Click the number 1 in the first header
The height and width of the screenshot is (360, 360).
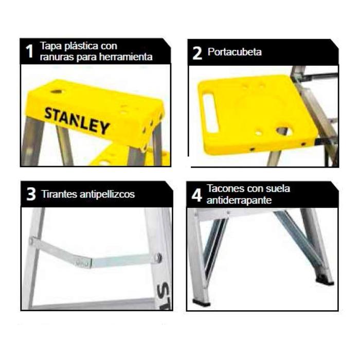point(30,51)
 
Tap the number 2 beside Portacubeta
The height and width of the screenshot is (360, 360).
point(197,53)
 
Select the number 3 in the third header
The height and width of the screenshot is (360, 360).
point(31,194)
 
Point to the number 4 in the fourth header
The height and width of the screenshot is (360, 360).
point(197,195)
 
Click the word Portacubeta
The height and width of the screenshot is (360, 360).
point(235,52)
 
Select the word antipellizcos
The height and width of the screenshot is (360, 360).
point(107,194)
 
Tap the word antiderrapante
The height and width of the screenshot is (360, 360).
point(239,200)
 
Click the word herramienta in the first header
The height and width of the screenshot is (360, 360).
point(126,57)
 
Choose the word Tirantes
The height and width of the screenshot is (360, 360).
point(59,194)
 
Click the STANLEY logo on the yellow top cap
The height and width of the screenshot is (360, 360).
point(77,121)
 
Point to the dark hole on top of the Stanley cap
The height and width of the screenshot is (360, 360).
point(57,92)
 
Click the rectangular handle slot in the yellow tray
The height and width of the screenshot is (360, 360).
point(211,113)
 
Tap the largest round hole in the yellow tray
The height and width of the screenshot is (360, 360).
point(284,131)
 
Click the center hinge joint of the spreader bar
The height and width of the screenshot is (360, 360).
point(83,263)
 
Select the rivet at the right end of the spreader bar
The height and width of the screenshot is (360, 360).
point(158,257)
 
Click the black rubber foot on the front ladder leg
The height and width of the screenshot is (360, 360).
point(202,302)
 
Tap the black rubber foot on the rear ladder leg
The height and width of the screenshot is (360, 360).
point(325,281)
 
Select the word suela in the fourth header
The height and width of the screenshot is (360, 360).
point(278,189)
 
